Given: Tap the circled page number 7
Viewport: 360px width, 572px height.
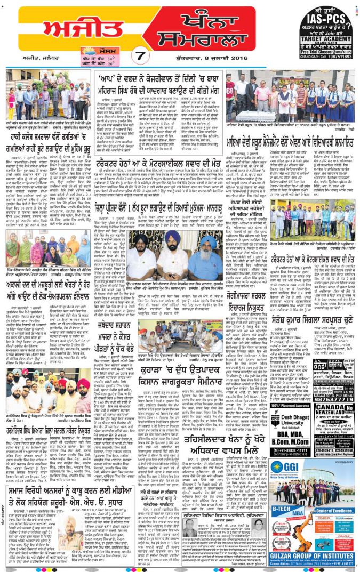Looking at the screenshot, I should pyautogui.click(x=139, y=55).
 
